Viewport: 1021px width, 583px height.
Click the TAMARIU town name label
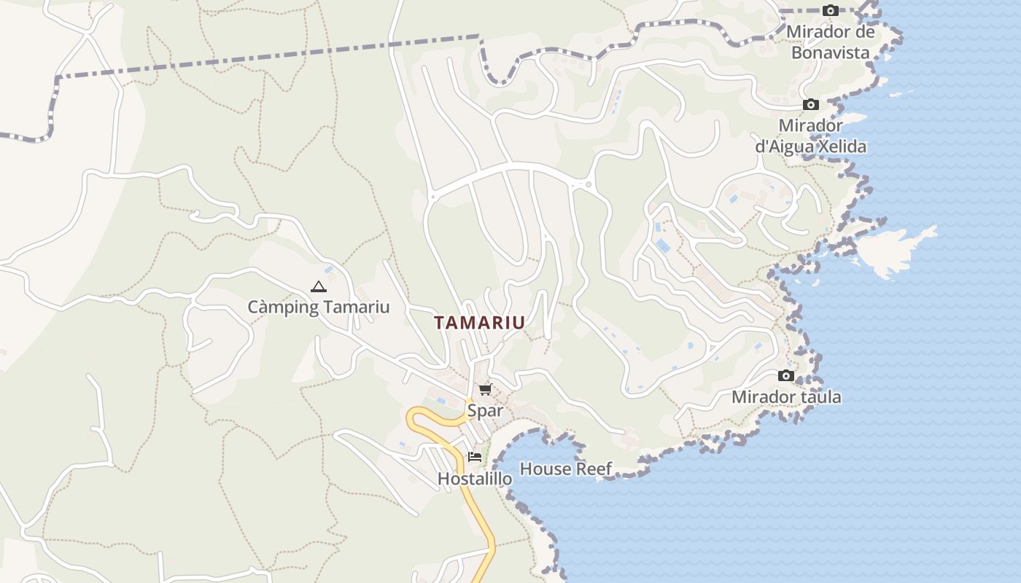point(479,322)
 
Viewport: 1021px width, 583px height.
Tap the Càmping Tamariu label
point(318,307)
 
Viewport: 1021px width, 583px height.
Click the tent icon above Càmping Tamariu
point(318,287)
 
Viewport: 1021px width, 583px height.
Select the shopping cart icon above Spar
point(486,390)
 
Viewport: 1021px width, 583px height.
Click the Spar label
point(485,410)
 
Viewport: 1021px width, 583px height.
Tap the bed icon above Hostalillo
point(475,458)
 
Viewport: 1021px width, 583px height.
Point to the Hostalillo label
point(474,479)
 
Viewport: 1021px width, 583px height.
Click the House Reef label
point(566,469)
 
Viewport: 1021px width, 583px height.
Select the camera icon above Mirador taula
point(786,376)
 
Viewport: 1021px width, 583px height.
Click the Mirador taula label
point(786,397)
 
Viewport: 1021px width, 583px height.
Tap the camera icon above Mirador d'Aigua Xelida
point(811,105)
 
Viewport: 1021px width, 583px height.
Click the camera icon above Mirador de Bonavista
point(831,11)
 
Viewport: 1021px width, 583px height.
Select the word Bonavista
point(831,52)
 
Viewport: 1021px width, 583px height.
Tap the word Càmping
point(283,307)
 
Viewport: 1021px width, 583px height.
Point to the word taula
point(820,397)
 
